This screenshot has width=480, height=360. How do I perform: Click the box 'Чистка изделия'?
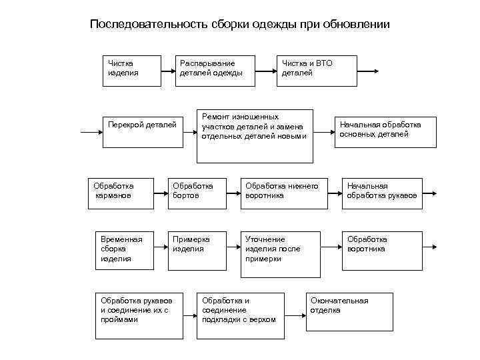133,70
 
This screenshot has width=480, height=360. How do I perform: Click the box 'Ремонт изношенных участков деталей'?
255,136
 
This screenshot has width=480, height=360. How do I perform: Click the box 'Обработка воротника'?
382,251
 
